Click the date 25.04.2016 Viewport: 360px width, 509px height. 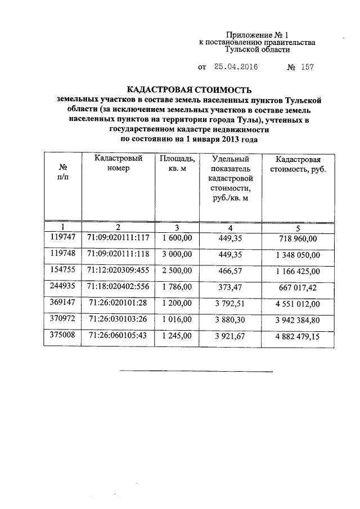pos(236,67)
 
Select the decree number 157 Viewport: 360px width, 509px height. pos(307,67)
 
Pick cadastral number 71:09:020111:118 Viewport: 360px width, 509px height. pos(118,254)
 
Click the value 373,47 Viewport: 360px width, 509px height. pos(230,287)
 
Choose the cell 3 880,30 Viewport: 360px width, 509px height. pos(230,320)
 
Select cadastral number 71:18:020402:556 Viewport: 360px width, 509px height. pos(118,287)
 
